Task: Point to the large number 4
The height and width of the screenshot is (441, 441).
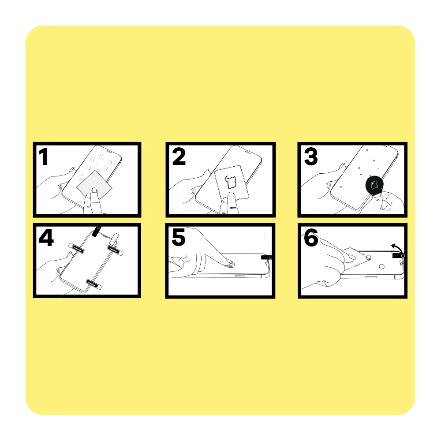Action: click(46, 238)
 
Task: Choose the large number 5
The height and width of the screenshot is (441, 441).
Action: click(179, 237)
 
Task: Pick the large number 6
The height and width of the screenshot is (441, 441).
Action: click(311, 237)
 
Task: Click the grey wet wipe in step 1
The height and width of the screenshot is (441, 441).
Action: click(94, 183)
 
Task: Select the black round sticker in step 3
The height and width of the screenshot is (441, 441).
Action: click(374, 185)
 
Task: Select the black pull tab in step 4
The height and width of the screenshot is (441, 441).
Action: click(96, 231)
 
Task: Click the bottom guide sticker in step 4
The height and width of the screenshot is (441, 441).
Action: click(93, 284)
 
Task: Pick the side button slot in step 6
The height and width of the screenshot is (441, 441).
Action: click(371, 277)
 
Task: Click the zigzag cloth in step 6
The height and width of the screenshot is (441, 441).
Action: click(355, 258)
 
